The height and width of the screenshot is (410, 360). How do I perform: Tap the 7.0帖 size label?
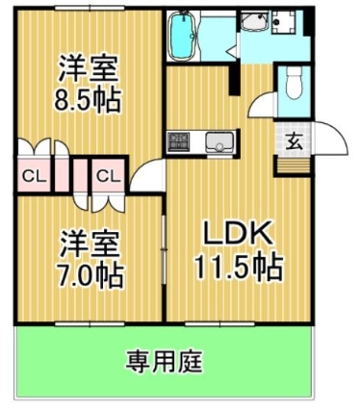(x=90, y=274)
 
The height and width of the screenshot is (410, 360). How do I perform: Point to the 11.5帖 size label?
(x=241, y=267)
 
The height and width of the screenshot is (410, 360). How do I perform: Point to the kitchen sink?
(x=219, y=143)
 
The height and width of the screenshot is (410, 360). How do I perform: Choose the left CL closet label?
(x=34, y=176)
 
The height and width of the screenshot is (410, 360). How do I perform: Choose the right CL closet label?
(x=109, y=176)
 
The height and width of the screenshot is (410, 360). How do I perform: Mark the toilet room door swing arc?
(x=266, y=104)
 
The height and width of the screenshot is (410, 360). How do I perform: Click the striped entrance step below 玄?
(x=292, y=163)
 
